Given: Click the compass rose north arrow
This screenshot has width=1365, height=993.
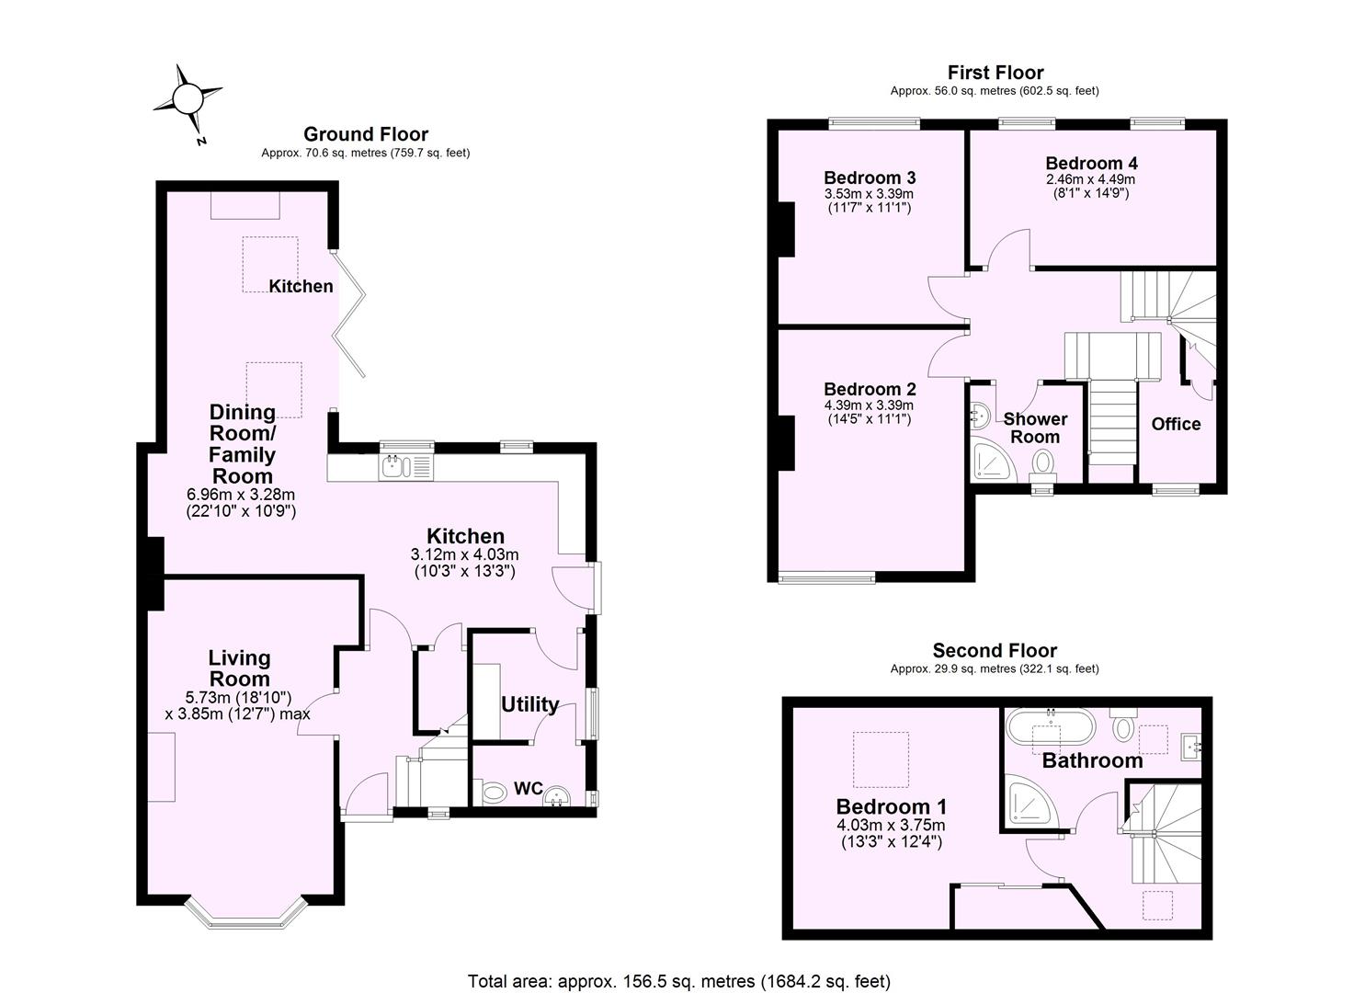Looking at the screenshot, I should [x=188, y=98].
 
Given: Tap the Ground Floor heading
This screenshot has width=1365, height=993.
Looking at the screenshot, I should [x=365, y=134].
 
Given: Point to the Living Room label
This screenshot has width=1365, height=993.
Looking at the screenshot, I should [x=239, y=668].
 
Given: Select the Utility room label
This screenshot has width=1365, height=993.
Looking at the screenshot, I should [x=529, y=704].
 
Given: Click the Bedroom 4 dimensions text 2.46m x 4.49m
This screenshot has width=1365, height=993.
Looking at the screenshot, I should [x=1091, y=179].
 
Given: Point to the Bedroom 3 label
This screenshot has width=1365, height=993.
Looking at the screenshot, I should [x=869, y=177].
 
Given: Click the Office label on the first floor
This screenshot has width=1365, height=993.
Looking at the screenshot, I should [x=1176, y=424].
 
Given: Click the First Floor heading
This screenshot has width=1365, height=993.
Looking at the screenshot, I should [x=995, y=73].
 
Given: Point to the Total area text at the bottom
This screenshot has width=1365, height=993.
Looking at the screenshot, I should [x=679, y=981].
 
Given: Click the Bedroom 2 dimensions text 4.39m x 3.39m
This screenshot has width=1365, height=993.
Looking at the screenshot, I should [x=869, y=405].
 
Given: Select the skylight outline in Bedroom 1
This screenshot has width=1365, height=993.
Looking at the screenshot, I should [x=881, y=759].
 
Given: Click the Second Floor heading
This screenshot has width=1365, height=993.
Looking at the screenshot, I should [x=995, y=651].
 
